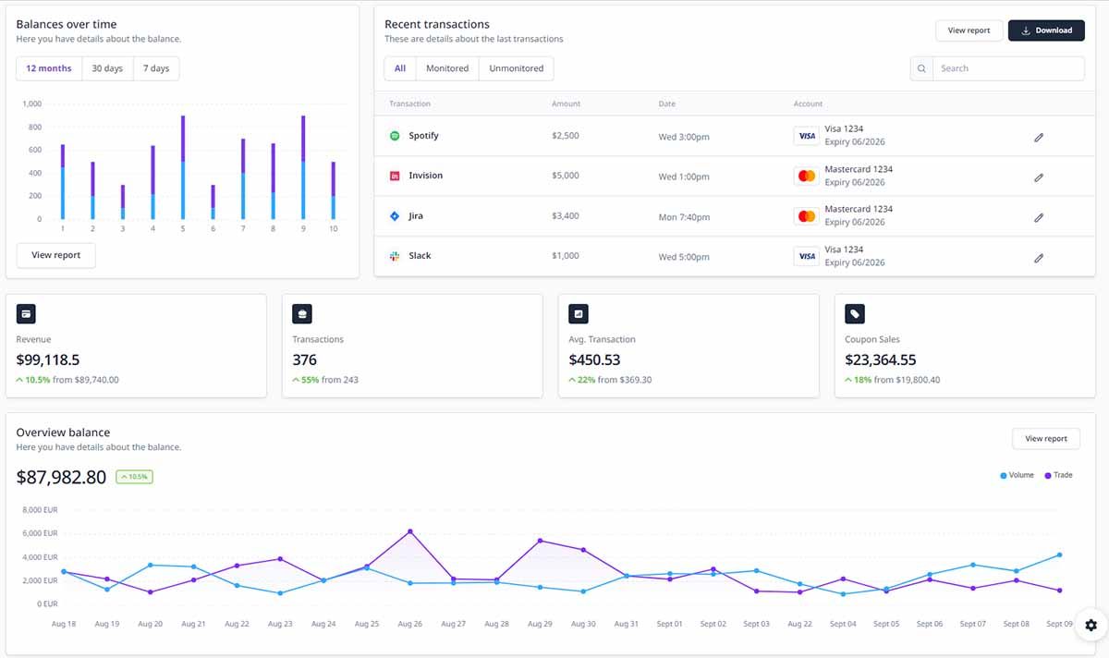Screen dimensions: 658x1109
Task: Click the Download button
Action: pyautogui.click(x=1046, y=30)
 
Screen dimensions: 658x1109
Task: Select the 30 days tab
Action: pyautogui.click(x=107, y=68)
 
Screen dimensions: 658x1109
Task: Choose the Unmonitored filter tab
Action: pyautogui.click(x=517, y=68)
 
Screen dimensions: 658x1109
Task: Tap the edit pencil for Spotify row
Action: pyautogui.click(x=1038, y=137)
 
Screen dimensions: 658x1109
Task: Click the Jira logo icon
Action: pyautogui.click(x=395, y=216)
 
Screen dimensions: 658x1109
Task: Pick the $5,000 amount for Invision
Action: pyautogui.click(x=565, y=176)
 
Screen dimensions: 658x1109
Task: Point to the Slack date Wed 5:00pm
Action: pyautogui.click(x=684, y=256)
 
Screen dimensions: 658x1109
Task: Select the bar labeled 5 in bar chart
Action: pyautogui.click(x=183, y=166)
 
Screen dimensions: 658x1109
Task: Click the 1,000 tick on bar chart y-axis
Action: pyautogui.click(x=32, y=104)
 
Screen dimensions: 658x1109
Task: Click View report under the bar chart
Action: pyautogui.click(x=55, y=255)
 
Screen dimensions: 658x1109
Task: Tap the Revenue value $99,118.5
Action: pyautogui.click(x=48, y=359)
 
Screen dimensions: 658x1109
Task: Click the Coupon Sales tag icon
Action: pyautogui.click(x=855, y=314)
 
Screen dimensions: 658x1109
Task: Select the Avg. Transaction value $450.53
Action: pyautogui.click(x=594, y=359)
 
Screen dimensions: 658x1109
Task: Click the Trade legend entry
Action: pyautogui.click(x=1058, y=475)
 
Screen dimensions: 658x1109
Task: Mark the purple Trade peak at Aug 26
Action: pyautogui.click(x=410, y=531)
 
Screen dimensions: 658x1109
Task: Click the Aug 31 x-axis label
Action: pyautogui.click(x=627, y=624)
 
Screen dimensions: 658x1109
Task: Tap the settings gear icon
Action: pyautogui.click(x=1091, y=626)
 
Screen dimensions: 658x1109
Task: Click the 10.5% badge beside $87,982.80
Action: pyautogui.click(x=134, y=477)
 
